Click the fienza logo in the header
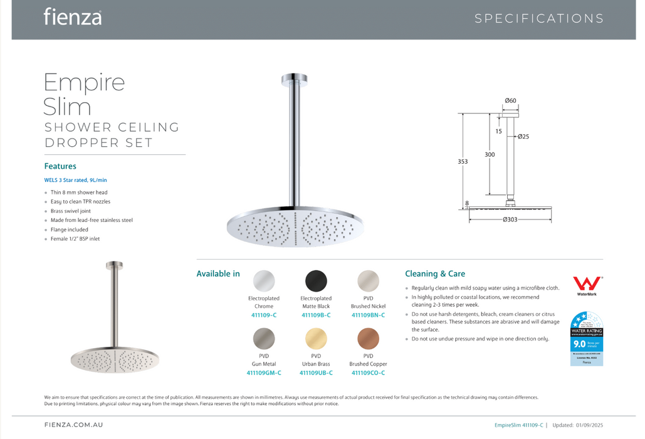(72, 17)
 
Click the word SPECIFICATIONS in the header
(539, 18)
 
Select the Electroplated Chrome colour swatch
(263, 280)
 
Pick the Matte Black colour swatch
(316, 280)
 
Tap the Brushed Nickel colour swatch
(368, 280)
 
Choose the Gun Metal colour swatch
(263, 339)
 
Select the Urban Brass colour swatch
(316, 339)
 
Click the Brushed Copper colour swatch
(368, 339)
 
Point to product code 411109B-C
(316, 315)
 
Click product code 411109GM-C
(264, 373)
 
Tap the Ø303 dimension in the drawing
(510, 219)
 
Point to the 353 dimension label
(463, 161)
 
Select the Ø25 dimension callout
(523, 136)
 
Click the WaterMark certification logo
(587, 285)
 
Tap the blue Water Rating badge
(587, 339)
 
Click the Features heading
(60, 166)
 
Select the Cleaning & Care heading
(435, 273)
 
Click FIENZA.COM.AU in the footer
(75, 425)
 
